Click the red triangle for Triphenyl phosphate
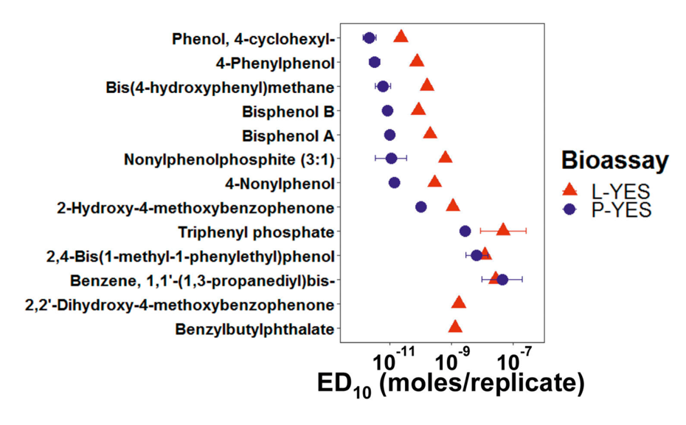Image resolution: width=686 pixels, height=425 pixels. (503, 230)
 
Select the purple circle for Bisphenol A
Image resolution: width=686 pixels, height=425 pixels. (389, 135)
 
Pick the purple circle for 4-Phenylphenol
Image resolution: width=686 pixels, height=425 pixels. (375, 62)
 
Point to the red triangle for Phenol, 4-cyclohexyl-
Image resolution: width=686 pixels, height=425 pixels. (401, 37)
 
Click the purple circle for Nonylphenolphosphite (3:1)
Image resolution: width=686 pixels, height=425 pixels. (392, 158)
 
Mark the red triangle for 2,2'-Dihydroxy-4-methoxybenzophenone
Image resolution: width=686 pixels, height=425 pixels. (459, 303)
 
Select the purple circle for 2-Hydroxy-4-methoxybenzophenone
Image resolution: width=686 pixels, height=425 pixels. (420, 207)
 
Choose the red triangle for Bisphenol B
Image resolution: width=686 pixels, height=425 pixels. (418, 109)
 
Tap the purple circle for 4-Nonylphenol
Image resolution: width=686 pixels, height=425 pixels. (395, 182)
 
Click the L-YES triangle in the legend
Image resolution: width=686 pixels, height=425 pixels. (569, 190)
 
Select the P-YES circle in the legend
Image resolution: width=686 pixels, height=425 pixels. (569, 210)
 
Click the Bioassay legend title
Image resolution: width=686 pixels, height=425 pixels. (614, 160)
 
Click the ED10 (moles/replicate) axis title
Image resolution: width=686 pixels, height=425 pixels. (451, 384)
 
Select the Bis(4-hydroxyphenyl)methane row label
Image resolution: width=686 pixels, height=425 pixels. (220, 88)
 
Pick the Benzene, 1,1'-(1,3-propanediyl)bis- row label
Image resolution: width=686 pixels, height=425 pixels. (203, 280)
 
